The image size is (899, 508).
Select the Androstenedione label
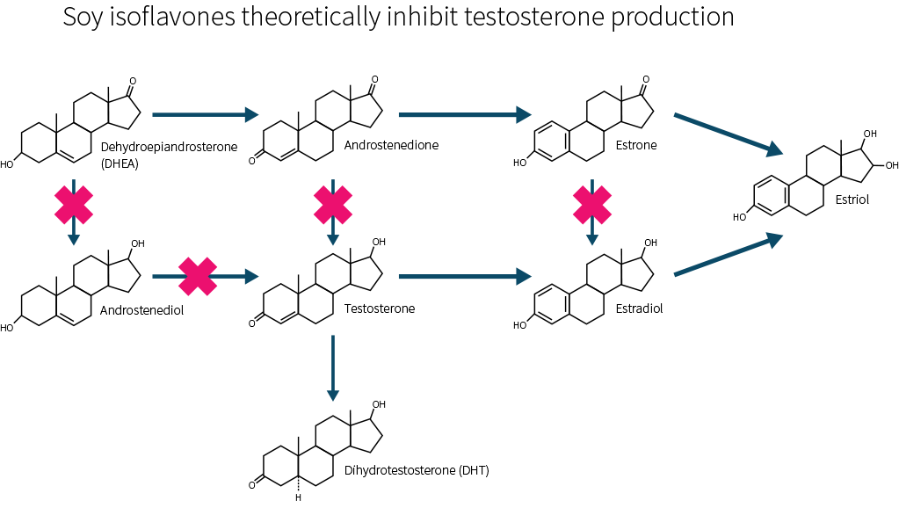tap(391, 145)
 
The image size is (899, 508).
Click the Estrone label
tap(636, 145)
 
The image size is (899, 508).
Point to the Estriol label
tap(852, 200)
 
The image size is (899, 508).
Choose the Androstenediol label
tap(141, 310)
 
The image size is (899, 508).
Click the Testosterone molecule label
tap(380, 308)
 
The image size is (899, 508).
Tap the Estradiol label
tap(640, 308)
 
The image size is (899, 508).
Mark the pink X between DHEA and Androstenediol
tap(74, 203)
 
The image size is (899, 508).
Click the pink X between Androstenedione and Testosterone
tap(333, 203)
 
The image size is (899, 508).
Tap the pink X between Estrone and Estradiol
tap(592, 203)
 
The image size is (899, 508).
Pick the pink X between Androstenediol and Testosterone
tap(199, 276)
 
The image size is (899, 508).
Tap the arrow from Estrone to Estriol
tap(727, 134)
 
